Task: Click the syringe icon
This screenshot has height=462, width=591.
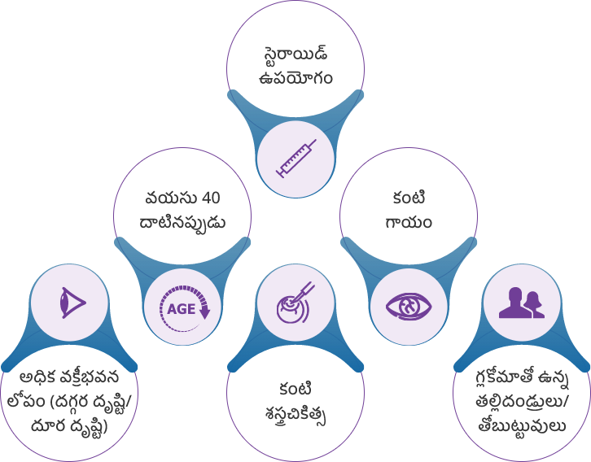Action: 295,157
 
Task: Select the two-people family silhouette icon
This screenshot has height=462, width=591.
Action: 521,303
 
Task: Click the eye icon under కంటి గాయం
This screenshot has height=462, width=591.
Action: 408,307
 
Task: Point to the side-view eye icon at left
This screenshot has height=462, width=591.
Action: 70,304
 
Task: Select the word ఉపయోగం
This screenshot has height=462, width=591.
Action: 295,80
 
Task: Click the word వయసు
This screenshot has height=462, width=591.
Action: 164,198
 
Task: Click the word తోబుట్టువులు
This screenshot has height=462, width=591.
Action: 522,428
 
